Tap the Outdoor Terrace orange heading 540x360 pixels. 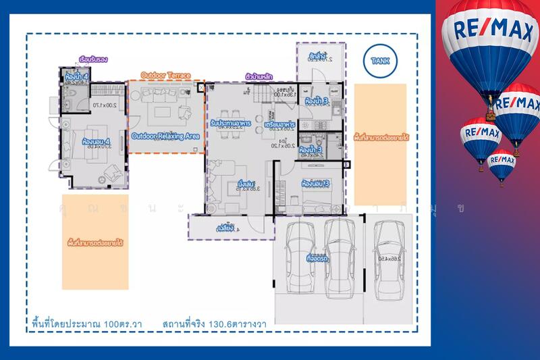pyautogui.click(x=165, y=76)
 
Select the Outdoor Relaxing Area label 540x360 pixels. pyautogui.click(x=165, y=136)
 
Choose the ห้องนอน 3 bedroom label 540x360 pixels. pyautogui.click(x=315, y=184)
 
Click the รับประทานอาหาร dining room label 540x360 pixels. pyautogui.click(x=227, y=125)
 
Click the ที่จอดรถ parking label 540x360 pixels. pyautogui.click(x=317, y=258)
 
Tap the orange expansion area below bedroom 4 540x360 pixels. pyautogui.click(x=94, y=242)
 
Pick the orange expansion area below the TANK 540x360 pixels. pyautogui.click(x=380, y=145)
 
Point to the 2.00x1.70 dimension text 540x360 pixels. pyautogui.click(x=105, y=105)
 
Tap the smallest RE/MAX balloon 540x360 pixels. pyautogui.click(x=502, y=164)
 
